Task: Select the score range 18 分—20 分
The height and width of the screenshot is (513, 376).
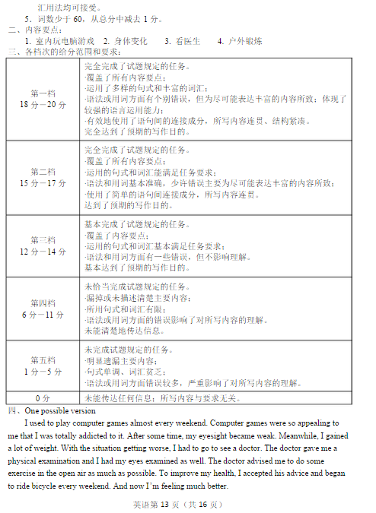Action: point(43,104)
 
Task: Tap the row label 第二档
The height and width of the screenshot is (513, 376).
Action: point(43,172)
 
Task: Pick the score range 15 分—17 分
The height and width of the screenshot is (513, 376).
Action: point(43,183)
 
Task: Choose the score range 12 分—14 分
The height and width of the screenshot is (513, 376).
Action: point(43,252)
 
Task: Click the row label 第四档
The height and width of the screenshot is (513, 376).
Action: point(43,302)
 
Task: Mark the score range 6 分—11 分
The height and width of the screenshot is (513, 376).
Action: point(43,314)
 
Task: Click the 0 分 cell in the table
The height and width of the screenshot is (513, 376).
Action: point(43,397)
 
